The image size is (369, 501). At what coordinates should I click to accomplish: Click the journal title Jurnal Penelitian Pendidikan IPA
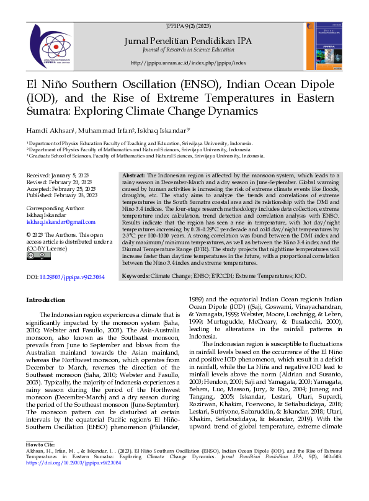189,40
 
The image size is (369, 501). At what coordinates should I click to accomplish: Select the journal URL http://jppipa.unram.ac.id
189,63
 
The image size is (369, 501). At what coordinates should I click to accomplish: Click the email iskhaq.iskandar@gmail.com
61,221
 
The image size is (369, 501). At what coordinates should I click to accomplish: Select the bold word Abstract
134,177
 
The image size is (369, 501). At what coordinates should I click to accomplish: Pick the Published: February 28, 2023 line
61,195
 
